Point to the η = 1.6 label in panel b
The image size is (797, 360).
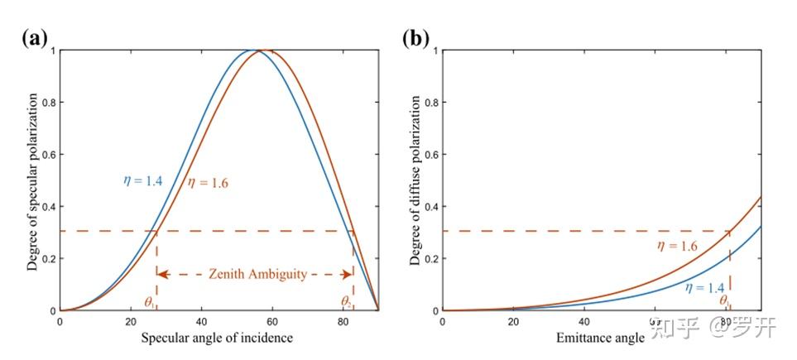point(678,246)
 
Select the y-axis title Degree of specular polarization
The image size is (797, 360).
point(32,180)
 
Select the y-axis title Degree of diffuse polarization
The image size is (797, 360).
point(415,180)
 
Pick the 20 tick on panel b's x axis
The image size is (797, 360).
point(513,322)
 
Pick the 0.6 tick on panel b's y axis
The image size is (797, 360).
point(430,155)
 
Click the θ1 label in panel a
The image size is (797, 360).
point(149,302)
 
